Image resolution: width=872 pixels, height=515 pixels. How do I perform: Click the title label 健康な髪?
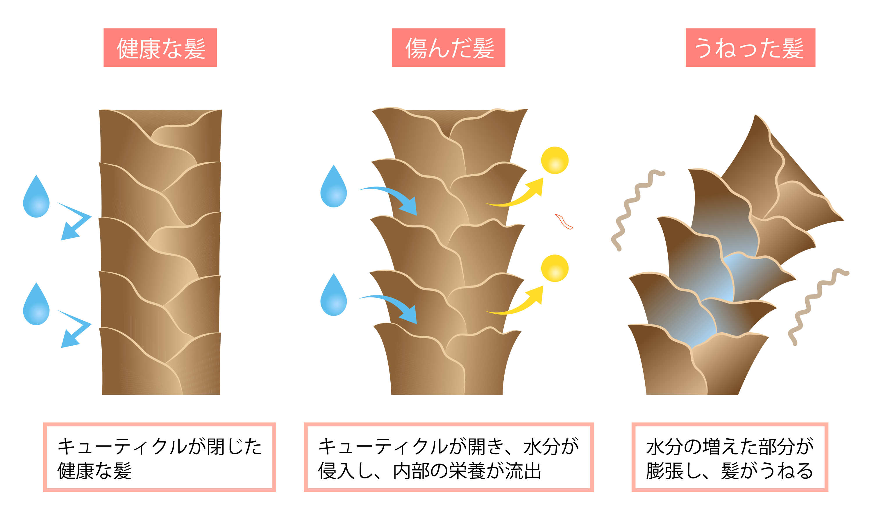(160, 48)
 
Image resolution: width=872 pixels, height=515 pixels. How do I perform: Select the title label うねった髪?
(750, 48)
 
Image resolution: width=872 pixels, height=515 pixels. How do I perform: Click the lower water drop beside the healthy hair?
(36, 306)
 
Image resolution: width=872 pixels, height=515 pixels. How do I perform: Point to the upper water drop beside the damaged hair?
(333, 189)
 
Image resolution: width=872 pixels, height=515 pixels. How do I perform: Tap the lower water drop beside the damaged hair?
(333, 297)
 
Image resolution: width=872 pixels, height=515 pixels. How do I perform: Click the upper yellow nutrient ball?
(555, 160)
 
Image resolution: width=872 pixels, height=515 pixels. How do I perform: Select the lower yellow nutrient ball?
(555, 268)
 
